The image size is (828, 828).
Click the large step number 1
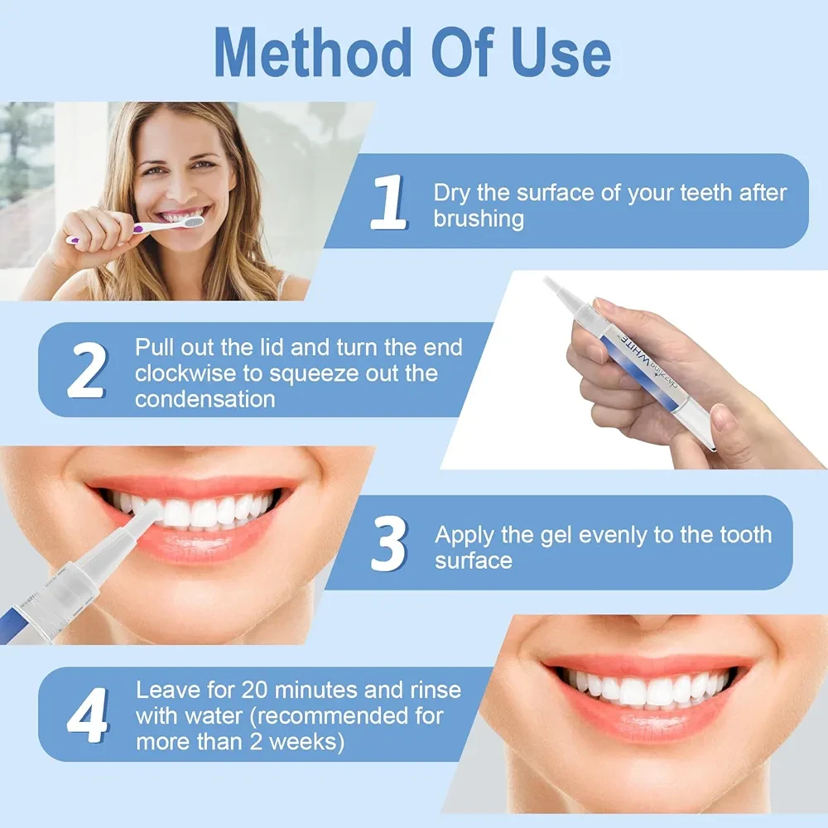[x=388, y=202]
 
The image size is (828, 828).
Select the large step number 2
[x=87, y=369]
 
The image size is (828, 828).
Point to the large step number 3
[x=389, y=543]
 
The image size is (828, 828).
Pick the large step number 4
[x=88, y=715]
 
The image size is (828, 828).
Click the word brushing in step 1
[x=479, y=219]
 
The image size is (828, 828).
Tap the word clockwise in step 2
[x=185, y=373]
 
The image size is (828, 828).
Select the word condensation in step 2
[x=205, y=400]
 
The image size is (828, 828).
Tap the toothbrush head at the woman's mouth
[x=192, y=221]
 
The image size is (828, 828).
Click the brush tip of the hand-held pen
[x=554, y=286]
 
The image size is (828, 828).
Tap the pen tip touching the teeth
[x=152, y=513]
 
